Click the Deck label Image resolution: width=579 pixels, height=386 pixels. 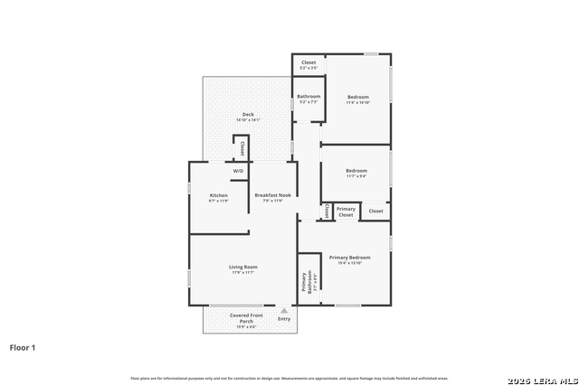point(248,114)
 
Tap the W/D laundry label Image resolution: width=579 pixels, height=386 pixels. point(239,171)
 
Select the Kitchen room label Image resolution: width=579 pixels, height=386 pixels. point(219,195)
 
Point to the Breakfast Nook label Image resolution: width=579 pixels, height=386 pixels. point(272,195)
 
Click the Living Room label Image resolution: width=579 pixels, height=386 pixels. point(242,267)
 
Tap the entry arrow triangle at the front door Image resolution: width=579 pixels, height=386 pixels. point(284,310)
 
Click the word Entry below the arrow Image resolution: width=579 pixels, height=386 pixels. point(284,318)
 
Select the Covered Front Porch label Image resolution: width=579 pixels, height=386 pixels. point(246,318)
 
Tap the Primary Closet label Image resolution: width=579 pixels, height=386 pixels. point(346,212)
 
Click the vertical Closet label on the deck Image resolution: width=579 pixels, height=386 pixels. point(242,149)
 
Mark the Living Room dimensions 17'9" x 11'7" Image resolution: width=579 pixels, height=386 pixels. point(242,272)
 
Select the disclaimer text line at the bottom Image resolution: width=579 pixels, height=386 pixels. point(289,378)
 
